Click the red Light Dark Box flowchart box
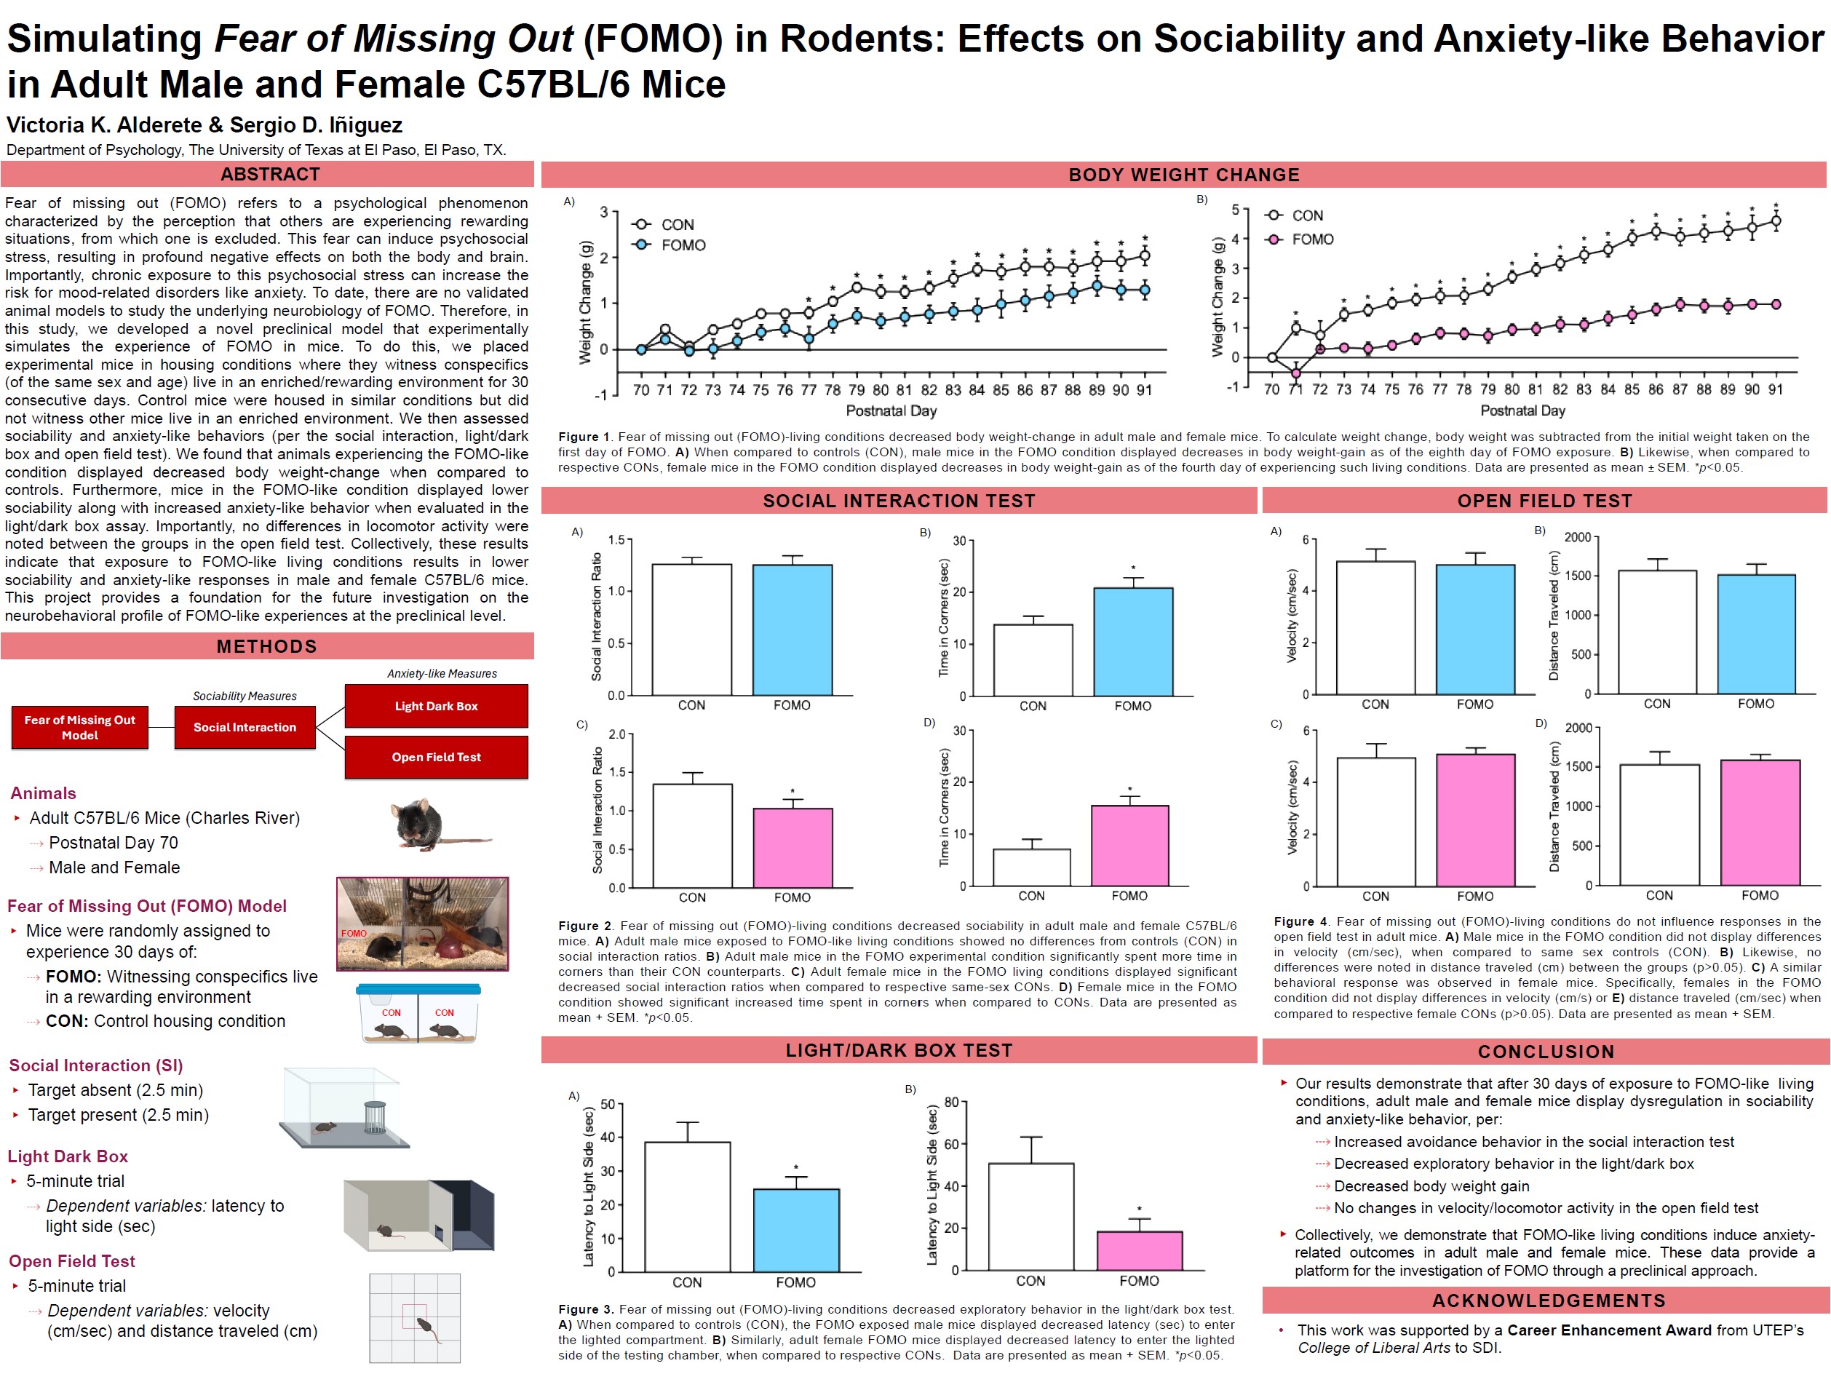(436, 706)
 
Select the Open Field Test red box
(436, 758)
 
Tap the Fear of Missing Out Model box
(79, 728)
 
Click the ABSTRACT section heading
(270, 174)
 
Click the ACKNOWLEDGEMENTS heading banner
(1548, 1300)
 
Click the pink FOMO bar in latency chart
(1139, 1251)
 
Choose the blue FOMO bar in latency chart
(795, 1230)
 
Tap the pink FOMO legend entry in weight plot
(1312, 239)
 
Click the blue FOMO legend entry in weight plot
(682, 245)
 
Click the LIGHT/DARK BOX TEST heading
(899, 1050)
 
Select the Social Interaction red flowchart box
(245, 728)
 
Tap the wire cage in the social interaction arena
(375, 1116)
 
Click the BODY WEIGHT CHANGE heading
(1184, 175)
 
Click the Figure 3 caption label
(585, 1309)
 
